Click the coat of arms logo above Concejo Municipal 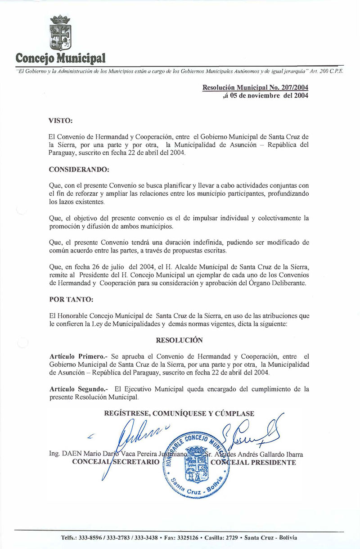pos(60,33)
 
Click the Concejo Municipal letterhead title pos(61,58)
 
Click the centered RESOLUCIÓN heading pos(179,340)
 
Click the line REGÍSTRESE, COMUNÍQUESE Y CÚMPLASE pos(179,414)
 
